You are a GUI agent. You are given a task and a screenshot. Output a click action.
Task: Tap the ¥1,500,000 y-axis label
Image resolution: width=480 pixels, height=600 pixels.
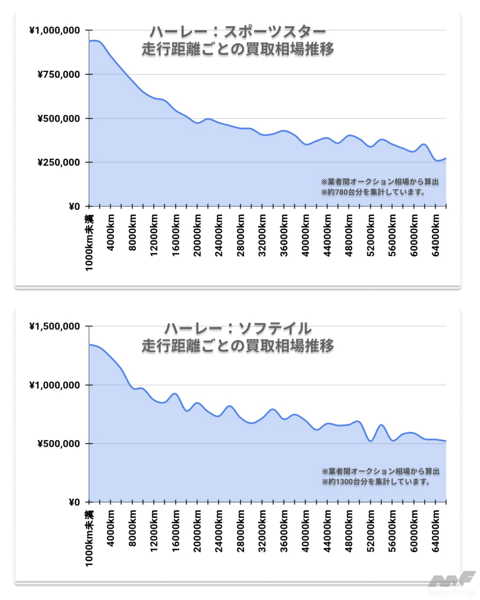tap(54, 327)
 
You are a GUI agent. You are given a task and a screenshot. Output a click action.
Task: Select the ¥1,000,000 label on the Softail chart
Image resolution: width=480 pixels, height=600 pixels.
tap(54, 385)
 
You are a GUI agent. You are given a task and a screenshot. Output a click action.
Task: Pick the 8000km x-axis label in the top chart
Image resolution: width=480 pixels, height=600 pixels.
tap(132, 232)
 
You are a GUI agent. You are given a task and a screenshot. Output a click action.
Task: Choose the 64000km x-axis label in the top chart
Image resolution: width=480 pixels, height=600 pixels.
tap(435, 235)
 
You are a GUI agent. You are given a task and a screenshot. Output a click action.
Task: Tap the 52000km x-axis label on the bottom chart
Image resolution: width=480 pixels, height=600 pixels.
tap(370, 531)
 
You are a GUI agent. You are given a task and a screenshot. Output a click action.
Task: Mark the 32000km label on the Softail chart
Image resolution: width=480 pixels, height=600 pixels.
tap(262, 531)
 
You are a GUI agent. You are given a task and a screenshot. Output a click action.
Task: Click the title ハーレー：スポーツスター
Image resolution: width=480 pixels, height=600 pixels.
tap(238, 32)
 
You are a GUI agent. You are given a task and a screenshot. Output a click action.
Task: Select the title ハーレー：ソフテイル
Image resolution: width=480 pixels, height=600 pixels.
tap(238, 328)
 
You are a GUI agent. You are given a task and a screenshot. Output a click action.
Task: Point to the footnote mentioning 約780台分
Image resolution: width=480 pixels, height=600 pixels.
tap(373, 192)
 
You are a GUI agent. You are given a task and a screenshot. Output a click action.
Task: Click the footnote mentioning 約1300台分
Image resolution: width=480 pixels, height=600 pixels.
tap(376, 482)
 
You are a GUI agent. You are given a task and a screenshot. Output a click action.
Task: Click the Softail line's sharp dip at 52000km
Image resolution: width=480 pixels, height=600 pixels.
tap(371, 441)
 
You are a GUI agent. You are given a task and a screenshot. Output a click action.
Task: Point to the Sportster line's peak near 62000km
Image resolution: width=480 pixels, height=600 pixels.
tap(424, 145)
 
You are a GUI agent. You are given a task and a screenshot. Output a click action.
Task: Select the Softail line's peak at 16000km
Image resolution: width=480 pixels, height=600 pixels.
tap(175, 393)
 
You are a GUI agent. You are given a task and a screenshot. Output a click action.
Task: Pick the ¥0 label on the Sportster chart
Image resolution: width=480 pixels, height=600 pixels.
tap(74, 207)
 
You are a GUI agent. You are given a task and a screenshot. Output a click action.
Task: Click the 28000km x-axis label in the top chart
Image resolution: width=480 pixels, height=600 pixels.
tap(240, 235)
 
